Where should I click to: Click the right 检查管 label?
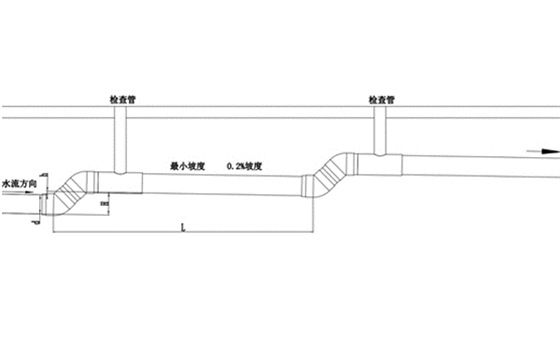[381, 100]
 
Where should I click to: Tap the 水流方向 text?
[19, 184]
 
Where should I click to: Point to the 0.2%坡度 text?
[246, 164]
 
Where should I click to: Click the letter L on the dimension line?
[181, 228]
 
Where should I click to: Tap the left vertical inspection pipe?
[120, 140]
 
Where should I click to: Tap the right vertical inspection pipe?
[381, 132]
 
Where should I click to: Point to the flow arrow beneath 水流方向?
[26, 196]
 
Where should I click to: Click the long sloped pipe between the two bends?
[225, 183]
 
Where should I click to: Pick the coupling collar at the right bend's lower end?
[307, 187]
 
